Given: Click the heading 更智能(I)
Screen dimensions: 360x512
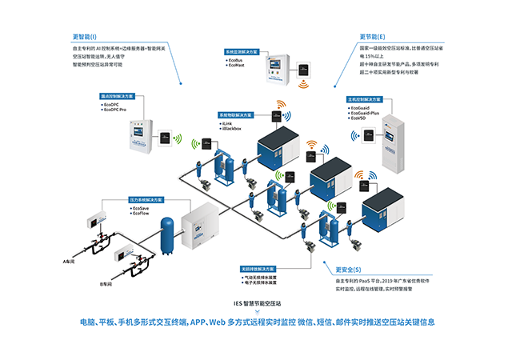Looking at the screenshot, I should [85, 37].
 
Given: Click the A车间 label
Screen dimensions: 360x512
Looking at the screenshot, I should [70, 261].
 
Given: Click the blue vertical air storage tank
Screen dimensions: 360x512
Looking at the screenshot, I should [167, 234].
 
